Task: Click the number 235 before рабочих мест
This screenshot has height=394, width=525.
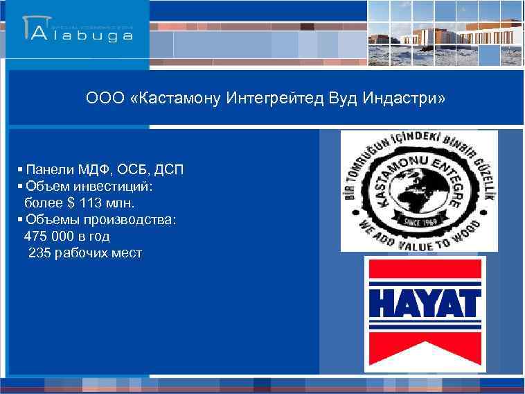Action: (40, 253)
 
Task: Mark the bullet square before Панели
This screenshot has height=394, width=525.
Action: (21, 170)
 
